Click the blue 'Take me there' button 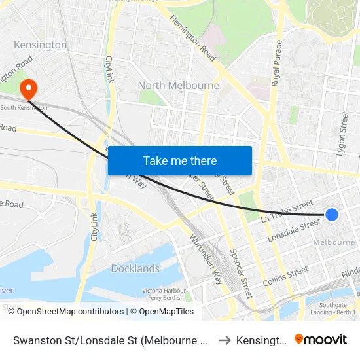[x=180, y=160]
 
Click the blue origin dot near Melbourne [x=332, y=214]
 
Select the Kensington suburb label [x=40, y=45]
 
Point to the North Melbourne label [x=178, y=86]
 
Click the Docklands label [x=135, y=268]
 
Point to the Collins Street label [x=285, y=276]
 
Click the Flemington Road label [x=192, y=39]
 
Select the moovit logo [x=321, y=339]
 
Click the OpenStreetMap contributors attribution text [x=70, y=312]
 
